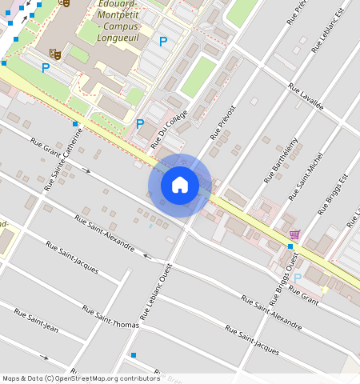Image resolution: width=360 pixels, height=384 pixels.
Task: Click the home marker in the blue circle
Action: point(180,185)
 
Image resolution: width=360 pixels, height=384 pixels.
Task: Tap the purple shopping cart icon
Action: point(294,234)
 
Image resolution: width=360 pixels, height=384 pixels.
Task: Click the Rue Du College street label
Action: point(172,124)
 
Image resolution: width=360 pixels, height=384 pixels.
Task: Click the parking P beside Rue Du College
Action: point(140,124)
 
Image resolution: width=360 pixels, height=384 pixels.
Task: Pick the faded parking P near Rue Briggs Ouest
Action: point(298,278)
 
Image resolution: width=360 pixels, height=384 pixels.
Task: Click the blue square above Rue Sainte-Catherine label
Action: point(75,124)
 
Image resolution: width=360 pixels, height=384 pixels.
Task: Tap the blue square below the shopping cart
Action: point(290,246)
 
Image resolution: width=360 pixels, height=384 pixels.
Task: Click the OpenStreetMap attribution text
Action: point(81,378)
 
